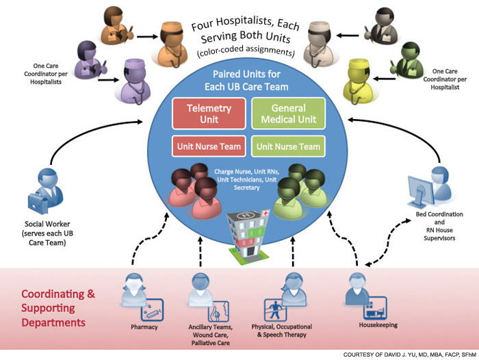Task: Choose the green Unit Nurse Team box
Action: point(288,146)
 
